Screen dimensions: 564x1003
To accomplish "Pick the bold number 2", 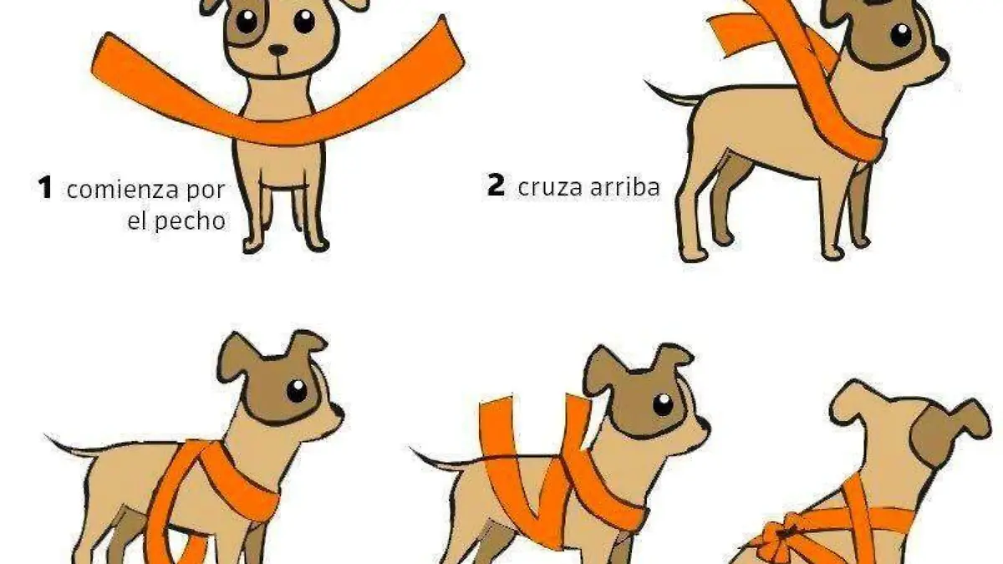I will (496, 185).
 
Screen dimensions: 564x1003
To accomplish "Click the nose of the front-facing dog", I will (277, 51).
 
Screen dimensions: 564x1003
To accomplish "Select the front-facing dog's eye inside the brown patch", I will (247, 21).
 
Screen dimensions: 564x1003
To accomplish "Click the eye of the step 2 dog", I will (901, 34).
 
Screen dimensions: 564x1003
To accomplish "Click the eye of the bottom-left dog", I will (297, 390).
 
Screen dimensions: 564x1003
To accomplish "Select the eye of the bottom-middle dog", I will (662, 404).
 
